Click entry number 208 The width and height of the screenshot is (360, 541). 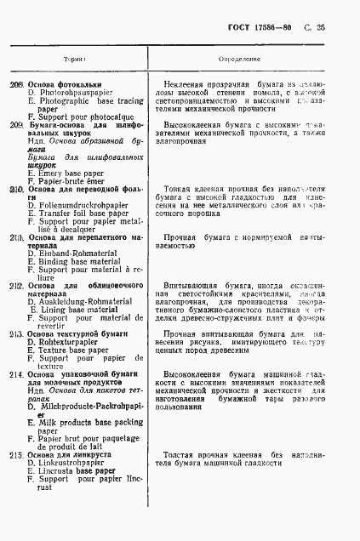(x=16, y=85)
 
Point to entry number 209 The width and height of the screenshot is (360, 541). (x=16, y=125)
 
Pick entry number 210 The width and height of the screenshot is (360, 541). (x=16, y=189)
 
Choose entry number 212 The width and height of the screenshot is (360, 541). (x=16, y=286)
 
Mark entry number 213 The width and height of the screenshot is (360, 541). (x=16, y=335)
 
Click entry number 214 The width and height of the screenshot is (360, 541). (x=16, y=375)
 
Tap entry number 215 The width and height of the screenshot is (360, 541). (x=16, y=455)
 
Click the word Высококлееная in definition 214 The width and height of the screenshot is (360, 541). (x=201, y=373)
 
